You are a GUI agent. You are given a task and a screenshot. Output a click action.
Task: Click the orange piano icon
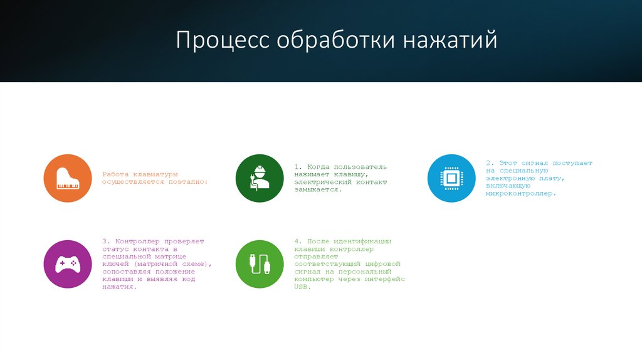(x=67, y=178)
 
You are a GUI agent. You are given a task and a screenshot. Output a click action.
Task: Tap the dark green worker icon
(x=260, y=178)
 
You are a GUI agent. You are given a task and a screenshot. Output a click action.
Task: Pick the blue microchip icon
(x=451, y=178)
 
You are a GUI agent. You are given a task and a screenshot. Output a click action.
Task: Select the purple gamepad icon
(x=67, y=264)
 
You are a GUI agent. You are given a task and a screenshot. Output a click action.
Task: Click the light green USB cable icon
(x=260, y=264)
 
